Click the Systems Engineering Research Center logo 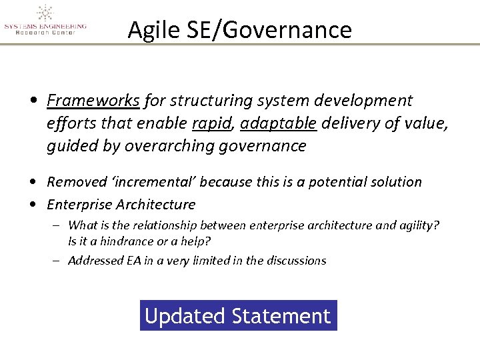coord(45,20)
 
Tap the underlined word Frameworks coord(93,101)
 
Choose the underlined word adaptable coord(278,123)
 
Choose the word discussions coord(296,261)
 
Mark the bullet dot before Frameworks coord(33,101)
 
